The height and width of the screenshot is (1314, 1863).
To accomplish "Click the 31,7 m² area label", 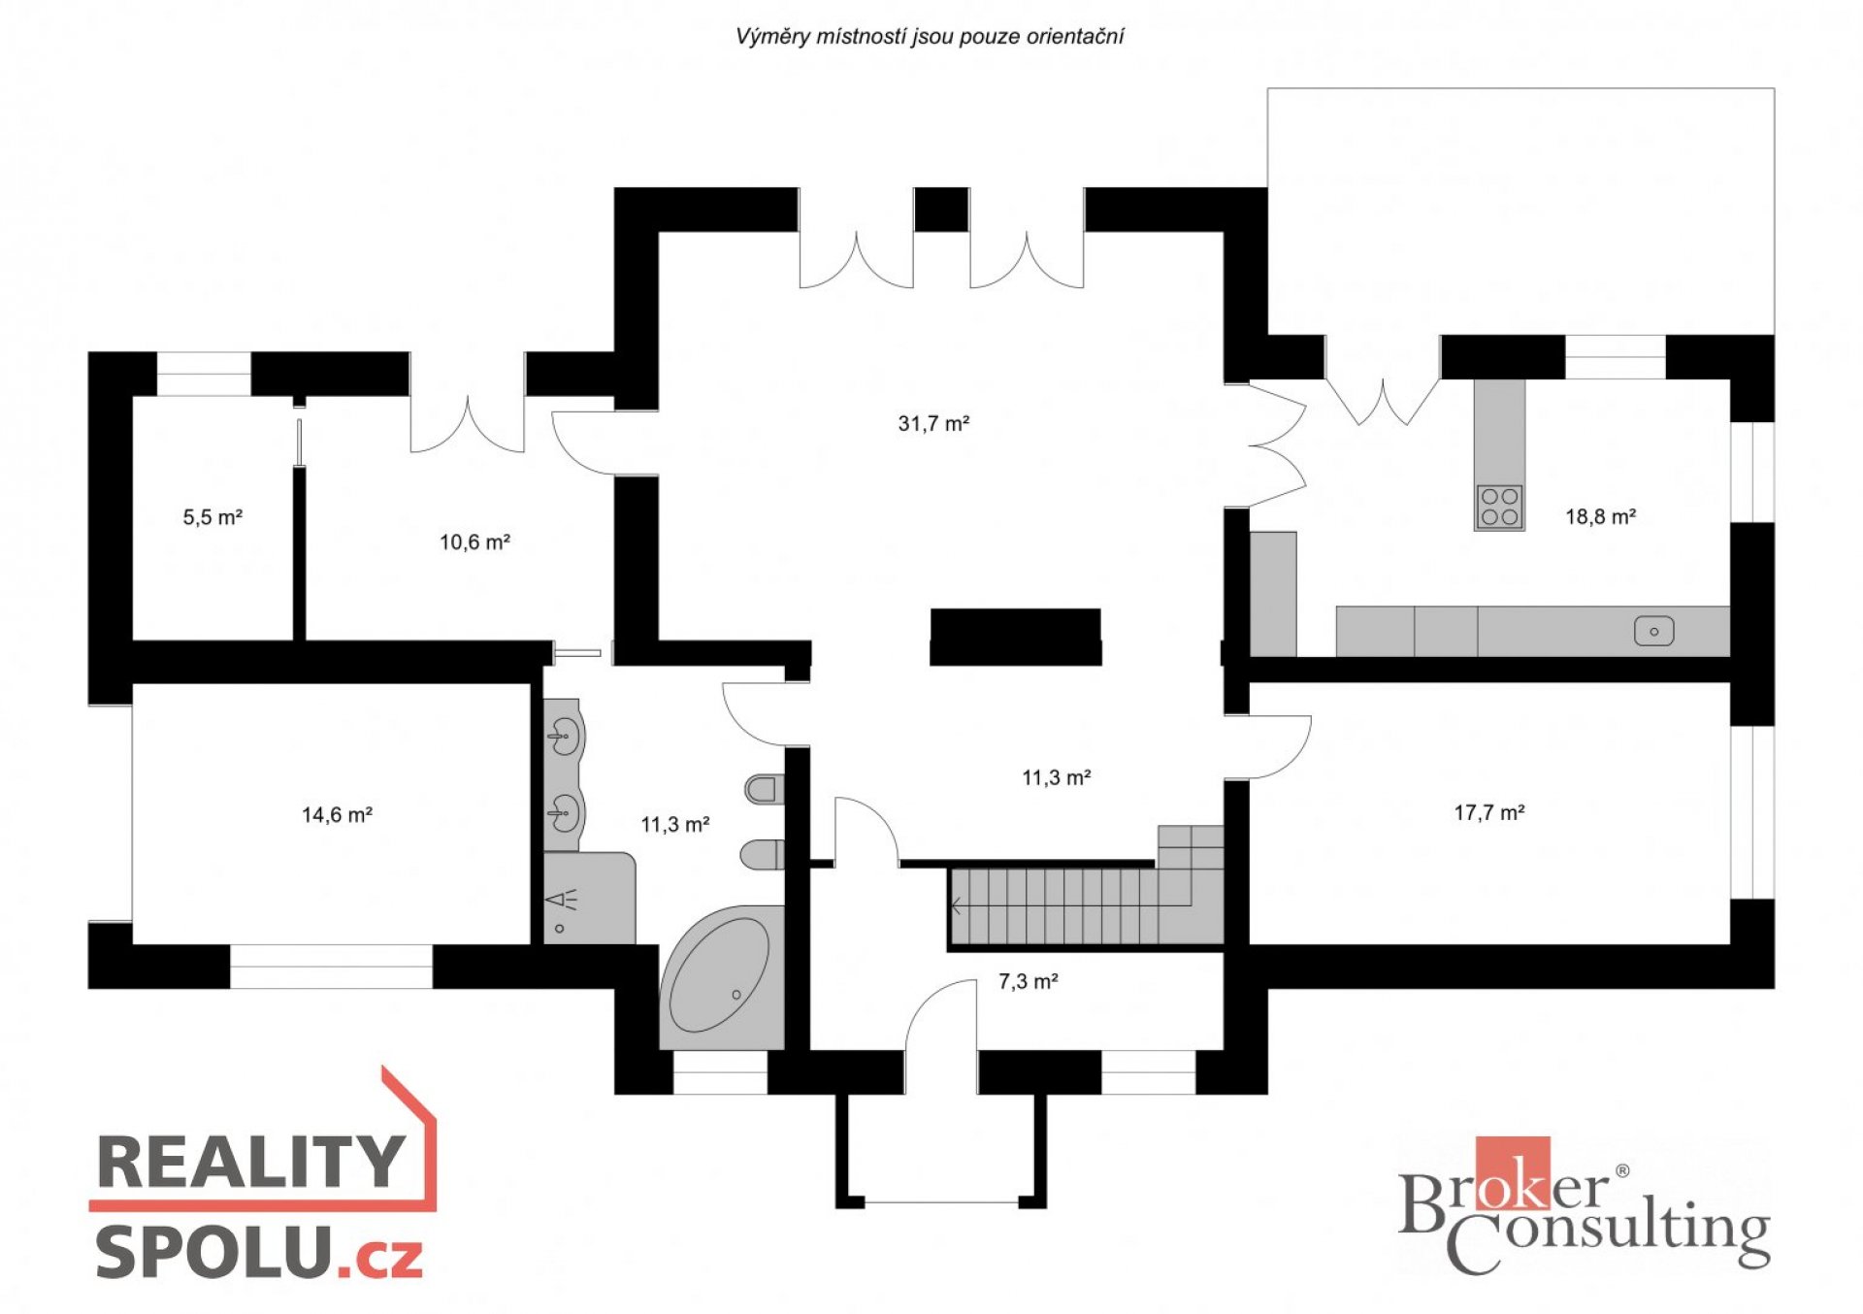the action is click(x=933, y=423).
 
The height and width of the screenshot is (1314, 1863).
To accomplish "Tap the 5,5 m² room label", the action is click(x=212, y=517).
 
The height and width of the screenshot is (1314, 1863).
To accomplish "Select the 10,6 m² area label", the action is click(x=474, y=542).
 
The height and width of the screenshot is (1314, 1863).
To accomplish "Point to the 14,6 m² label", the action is click(x=337, y=815).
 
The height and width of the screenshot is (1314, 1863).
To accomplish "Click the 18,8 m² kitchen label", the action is click(x=1600, y=517).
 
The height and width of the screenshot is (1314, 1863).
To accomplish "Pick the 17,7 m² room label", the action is click(x=1488, y=813).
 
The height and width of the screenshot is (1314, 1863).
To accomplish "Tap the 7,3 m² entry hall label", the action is click(x=1028, y=982).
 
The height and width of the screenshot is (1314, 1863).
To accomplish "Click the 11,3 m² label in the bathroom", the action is click(x=674, y=825).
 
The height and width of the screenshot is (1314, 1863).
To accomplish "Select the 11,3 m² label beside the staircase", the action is click(x=1056, y=778).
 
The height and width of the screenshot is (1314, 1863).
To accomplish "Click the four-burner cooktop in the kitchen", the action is click(x=1499, y=507).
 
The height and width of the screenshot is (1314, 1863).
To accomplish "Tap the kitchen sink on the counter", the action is click(x=1653, y=632).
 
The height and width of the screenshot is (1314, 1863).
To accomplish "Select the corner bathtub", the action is click(x=722, y=977).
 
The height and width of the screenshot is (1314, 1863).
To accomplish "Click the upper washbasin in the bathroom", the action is click(x=564, y=736).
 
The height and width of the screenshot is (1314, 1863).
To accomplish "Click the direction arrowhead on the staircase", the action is click(x=957, y=906).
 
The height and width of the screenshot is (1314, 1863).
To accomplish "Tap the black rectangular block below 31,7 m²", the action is click(x=1015, y=637).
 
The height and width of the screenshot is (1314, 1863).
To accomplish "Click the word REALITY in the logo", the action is click(x=251, y=1162).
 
